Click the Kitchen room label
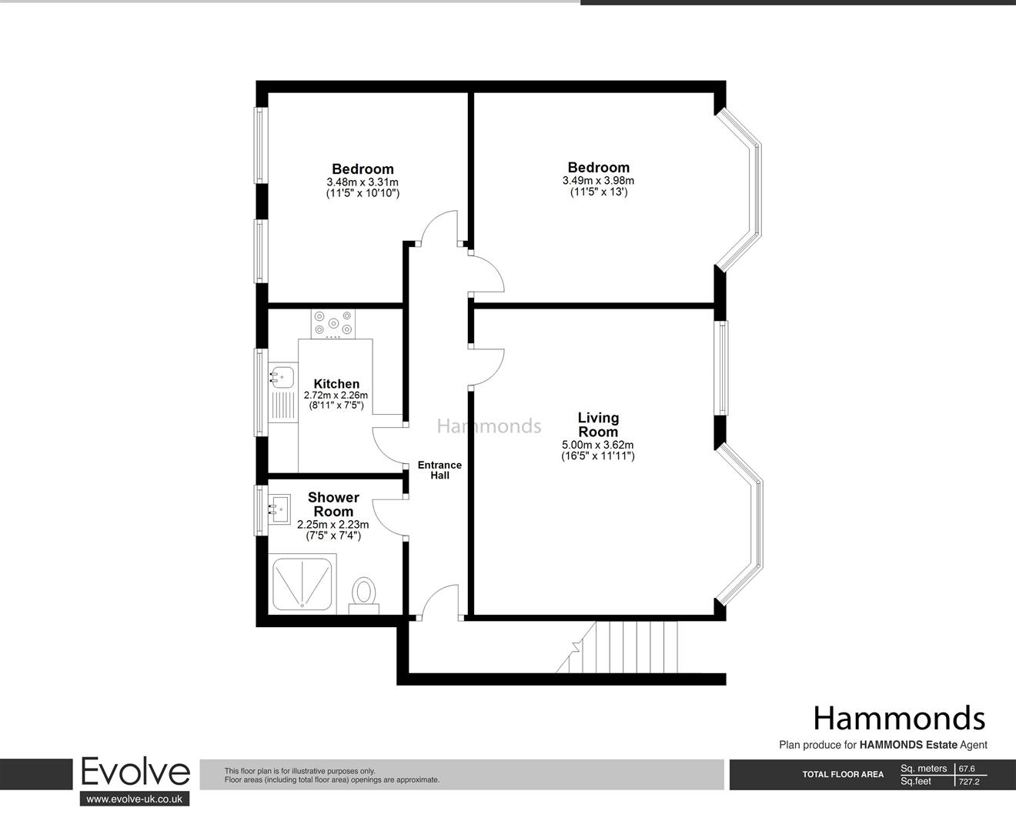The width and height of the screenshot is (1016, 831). tap(336, 384)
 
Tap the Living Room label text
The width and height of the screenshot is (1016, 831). tap(598, 425)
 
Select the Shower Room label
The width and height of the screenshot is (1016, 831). tap(333, 505)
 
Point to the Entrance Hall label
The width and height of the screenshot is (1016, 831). tap(439, 470)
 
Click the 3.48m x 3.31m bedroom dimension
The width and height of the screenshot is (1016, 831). tap(363, 182)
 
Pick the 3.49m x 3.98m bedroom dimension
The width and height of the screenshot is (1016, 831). tap(598, 180)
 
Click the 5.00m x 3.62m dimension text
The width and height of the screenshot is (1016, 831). tap(598, 445)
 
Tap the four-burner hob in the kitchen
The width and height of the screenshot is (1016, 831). tap(333, 323)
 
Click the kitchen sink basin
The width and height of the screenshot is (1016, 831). tap(282, 376)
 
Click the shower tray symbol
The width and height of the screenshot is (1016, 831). tap(302, 585)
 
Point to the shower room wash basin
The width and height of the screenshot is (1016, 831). tap(280, 506)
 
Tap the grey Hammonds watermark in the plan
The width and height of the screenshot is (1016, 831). tap(490, 426)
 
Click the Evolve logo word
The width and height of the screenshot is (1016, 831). tap(135, 772)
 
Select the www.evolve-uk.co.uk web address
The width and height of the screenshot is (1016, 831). tap(135, 799)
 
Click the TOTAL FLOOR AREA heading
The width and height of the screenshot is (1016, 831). tap(843, 775)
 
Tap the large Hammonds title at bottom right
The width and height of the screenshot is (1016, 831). tap(898, 718)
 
